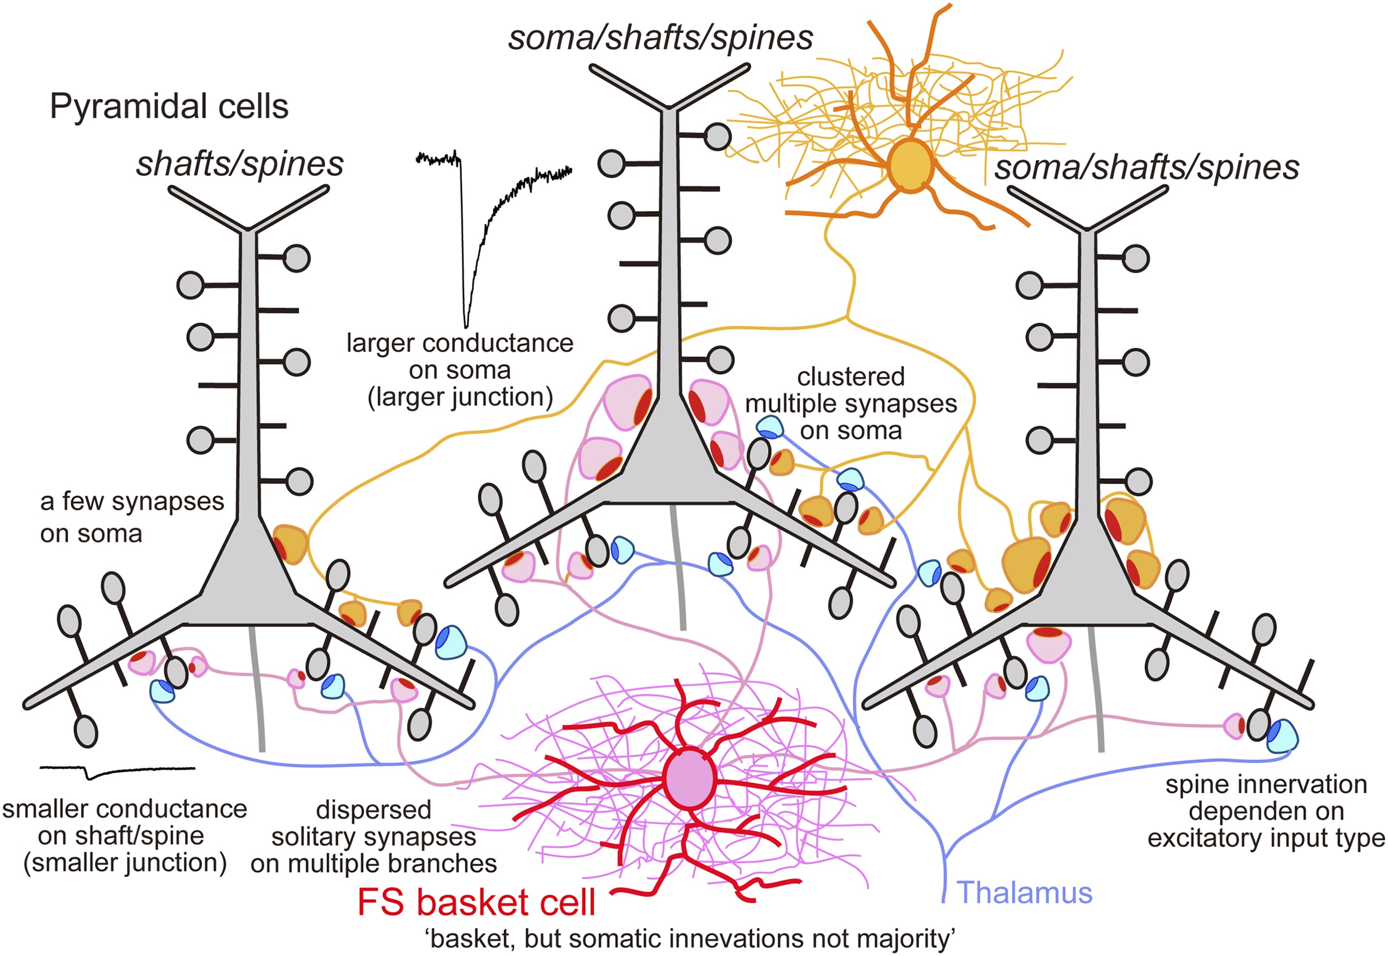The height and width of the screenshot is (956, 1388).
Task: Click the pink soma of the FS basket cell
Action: click(x=691, y=777)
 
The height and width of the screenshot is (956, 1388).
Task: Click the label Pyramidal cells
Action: click(x=169, y=107)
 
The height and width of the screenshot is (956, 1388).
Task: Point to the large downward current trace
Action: click(x=467, y=240)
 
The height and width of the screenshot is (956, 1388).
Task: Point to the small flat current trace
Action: click(x=117, y=771)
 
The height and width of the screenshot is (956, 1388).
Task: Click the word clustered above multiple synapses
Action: click(x=850, y=377)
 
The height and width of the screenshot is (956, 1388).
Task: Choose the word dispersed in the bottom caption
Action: click(x=374, y=810)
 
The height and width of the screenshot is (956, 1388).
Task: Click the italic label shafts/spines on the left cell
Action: click(x=240, y=164)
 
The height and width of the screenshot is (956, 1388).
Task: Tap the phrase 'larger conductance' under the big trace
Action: click(x=460, y=343)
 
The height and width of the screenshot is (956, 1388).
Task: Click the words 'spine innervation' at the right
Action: click(x=1266, y=784)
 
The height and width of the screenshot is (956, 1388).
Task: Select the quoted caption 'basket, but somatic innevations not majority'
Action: click(x=691, y=939)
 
